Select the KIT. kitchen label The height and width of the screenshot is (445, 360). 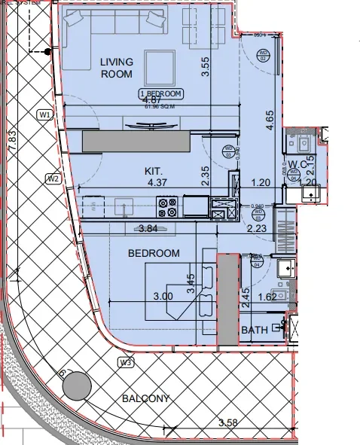154,171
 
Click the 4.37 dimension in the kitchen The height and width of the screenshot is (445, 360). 157,182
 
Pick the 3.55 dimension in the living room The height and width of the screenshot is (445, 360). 203,68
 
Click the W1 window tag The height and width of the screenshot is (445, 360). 44,114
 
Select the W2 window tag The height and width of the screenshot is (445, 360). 53,178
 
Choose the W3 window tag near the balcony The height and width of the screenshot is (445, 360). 125,362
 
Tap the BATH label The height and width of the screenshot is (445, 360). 255,331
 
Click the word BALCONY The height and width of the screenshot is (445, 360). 143,398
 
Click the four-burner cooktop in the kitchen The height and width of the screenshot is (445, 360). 166,203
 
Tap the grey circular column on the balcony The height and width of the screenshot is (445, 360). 75,388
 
